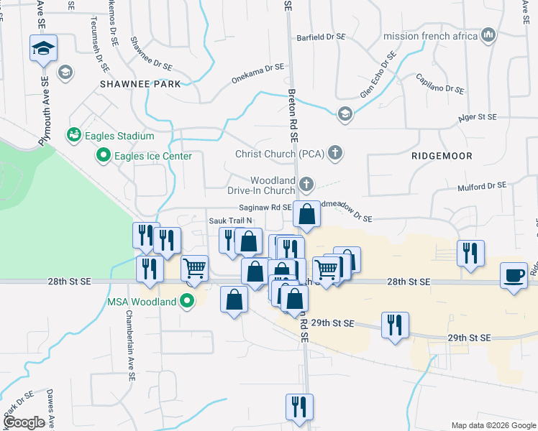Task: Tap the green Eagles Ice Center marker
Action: [103, 155]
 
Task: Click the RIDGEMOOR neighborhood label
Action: [442, 155]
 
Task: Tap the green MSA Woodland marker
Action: [188, 301]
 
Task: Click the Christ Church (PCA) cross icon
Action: [334, 152]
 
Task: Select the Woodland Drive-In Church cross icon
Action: [306, 185]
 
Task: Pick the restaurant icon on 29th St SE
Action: [395, 325]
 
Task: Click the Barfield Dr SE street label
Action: [325, 36]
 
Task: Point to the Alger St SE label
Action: [478, 116]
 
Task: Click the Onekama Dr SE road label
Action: [258, 73]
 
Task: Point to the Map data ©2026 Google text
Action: [493, 425]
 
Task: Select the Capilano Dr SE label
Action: [439, 83]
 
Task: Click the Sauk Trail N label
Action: [230, 221]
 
